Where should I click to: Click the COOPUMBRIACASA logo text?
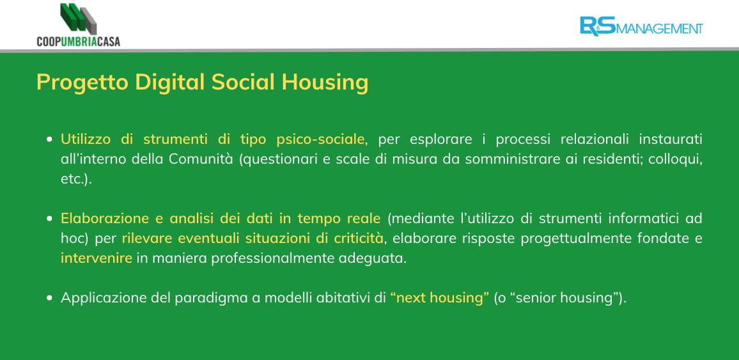point(78,42)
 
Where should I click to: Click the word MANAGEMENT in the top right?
point(659,29)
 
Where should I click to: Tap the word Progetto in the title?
point(82,82)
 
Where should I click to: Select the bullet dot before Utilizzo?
point(49,140)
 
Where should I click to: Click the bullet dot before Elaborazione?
point(49,219)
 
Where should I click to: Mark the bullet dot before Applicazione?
point(49,298)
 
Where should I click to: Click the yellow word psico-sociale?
point(321,139)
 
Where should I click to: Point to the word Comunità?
point(201,159)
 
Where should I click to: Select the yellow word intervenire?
point(96,258)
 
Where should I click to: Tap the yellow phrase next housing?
point(440,299)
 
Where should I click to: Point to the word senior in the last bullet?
point(535,299)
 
